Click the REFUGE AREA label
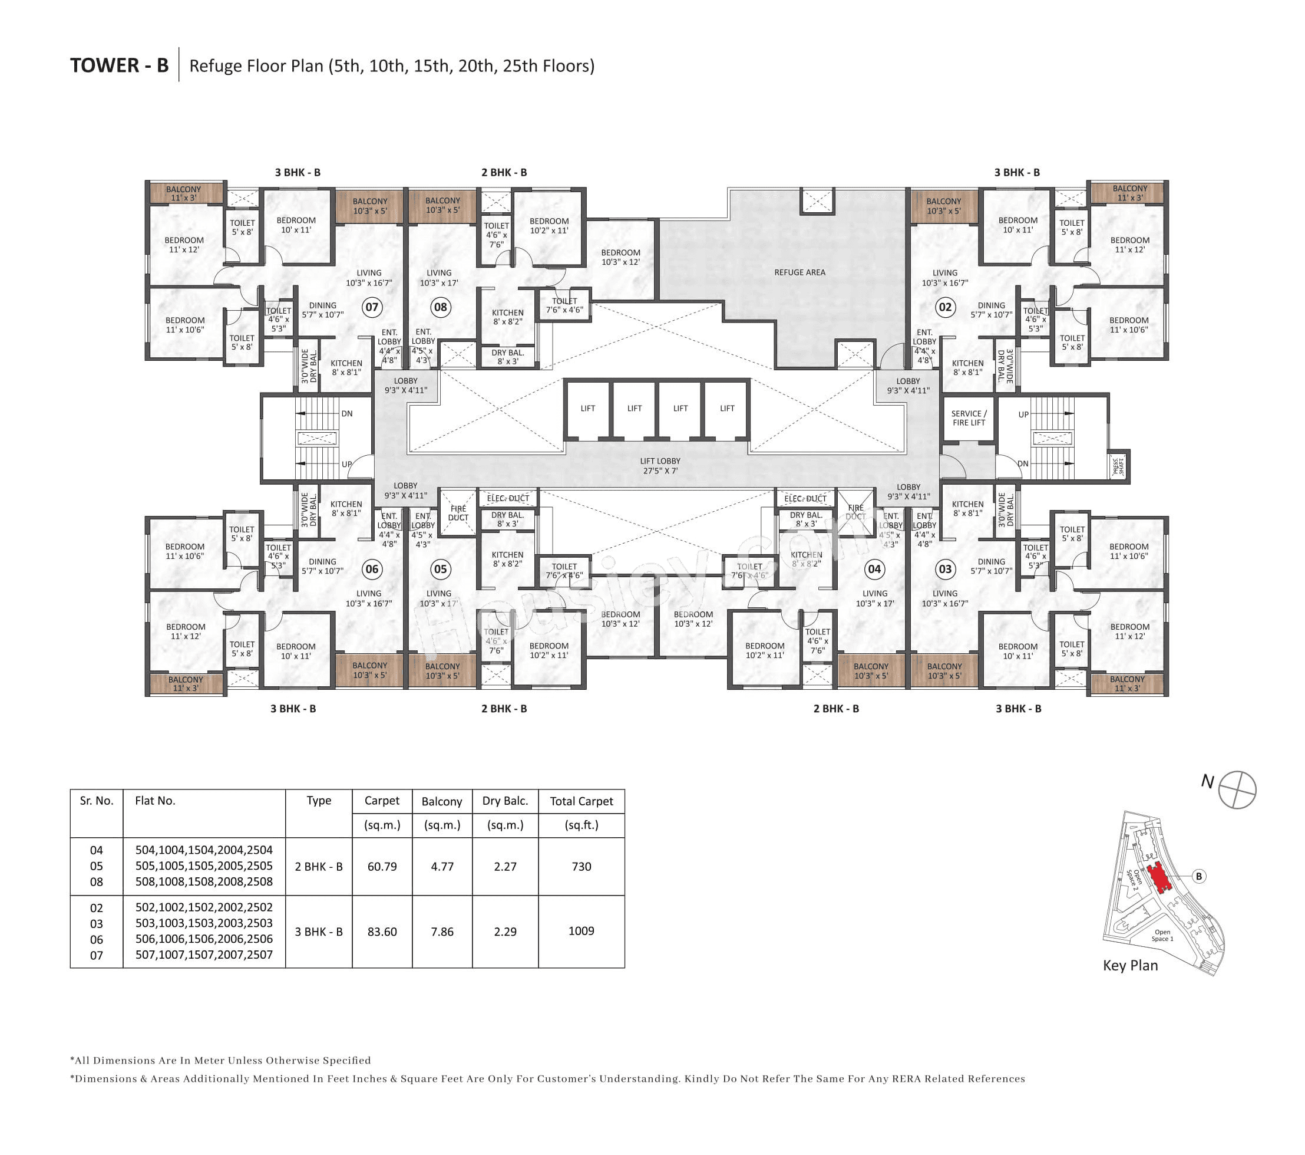click(x=799, y=272)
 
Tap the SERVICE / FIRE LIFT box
click(x=968, y=418)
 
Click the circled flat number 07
click(x=372, y=307)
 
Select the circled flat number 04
click(x=874, y=568)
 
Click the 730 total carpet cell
click(x=581, y=866)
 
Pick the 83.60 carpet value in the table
click(x=382, y=932)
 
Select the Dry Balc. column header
click(x=505, y=801)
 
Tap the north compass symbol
click(x=1237, y=789)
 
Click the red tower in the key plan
click(x=1159, y=878)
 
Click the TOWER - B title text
click(x=120, y=65)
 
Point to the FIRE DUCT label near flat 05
click(x=458, y=513)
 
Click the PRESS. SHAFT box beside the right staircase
click(x=1117, y=466)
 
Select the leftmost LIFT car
click(x=587, y=408)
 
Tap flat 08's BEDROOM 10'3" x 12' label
click(x=620, y=257)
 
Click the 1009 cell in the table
click(x=581, y=931)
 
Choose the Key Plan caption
click(x=1130, y=965)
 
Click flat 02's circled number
click(x=945, y=307)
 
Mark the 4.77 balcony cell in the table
click(x=442, y=866)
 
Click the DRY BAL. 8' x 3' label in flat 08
click(x=508, y=357)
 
